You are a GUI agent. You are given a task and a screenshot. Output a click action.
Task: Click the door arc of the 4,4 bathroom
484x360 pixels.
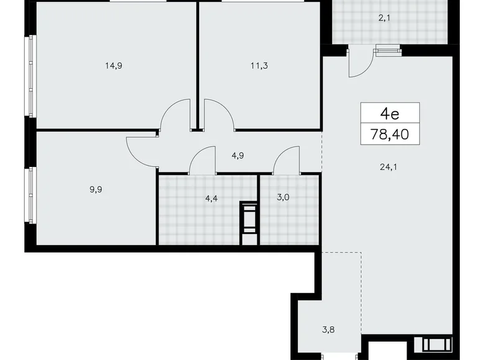pos(202,163)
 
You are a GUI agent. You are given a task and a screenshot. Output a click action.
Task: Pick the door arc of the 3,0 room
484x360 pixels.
pos(286,162)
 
